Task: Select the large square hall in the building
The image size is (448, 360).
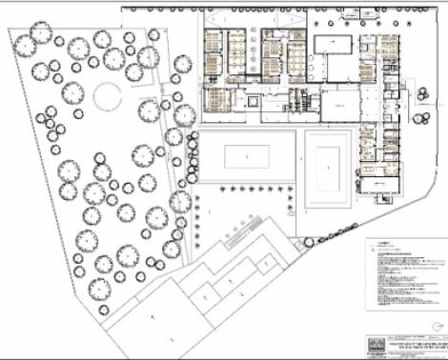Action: tap(336, 101)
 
